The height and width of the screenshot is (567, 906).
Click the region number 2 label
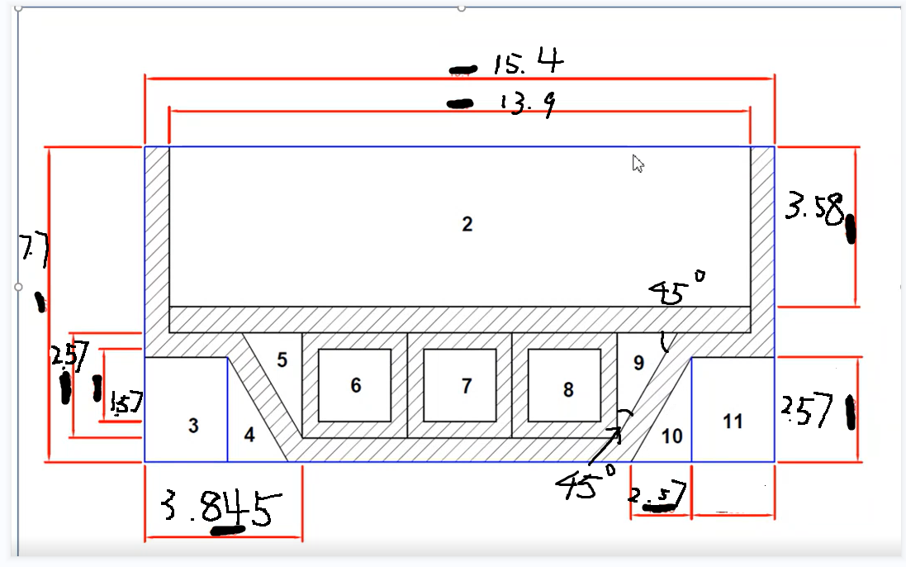tap(467, 224)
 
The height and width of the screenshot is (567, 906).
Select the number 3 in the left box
tap(193, 426)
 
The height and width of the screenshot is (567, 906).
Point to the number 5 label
tap(282, 360)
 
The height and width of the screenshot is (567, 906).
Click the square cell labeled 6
tap(355, 385)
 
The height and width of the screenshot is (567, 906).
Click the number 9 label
tap(638, 361)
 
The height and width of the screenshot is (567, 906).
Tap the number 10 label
tap(672, 435)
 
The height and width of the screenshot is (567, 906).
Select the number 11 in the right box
tap(733, 422)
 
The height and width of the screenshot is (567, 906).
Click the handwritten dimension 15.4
tap(529, 63)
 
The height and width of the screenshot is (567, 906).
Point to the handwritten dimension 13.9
tap(526, 103)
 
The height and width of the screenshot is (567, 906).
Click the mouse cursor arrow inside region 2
tap(638, 163)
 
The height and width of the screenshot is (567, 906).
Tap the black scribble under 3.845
tap(228, 530)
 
